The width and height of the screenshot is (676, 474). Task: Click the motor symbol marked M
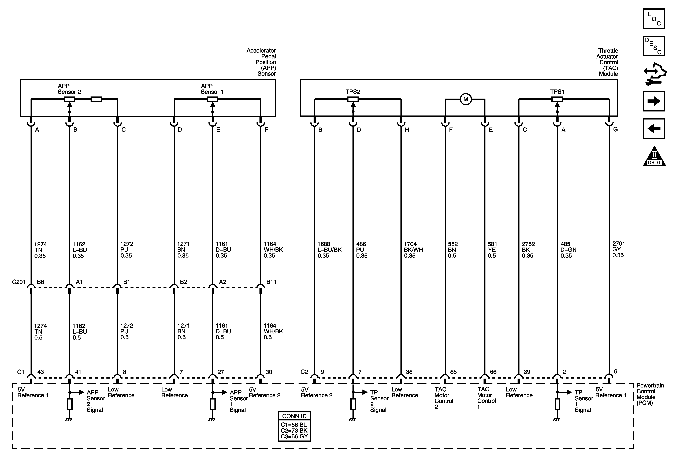466,99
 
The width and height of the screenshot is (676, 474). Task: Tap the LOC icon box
654,19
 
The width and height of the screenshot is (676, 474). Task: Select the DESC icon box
654,46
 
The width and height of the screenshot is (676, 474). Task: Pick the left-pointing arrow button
654,129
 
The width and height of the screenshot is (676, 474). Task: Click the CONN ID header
294,416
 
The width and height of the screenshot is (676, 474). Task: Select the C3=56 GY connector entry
294,436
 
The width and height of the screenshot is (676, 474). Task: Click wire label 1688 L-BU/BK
329,250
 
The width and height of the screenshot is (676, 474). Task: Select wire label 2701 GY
618,249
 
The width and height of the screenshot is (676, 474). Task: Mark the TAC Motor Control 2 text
444,398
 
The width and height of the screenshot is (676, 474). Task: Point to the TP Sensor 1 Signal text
584,401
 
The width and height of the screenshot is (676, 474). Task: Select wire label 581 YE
492,250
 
